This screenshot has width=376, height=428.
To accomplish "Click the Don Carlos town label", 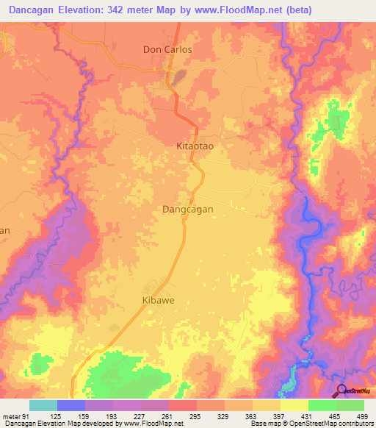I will pos(167,50).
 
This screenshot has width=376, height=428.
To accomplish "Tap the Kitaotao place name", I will pos(195,146).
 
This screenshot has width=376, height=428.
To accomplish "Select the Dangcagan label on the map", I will pos(187,210).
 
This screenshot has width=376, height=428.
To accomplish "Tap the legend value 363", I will pos(253,416).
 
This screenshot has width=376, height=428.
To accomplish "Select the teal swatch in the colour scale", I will pos(43,405).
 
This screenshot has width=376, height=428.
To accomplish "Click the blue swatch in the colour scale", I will pos(71,405).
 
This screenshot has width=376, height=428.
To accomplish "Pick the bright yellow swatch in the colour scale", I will pos(294,405).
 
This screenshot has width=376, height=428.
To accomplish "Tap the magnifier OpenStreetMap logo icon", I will pos(342,390).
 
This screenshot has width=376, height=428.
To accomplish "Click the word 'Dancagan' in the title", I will pos(32,10).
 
